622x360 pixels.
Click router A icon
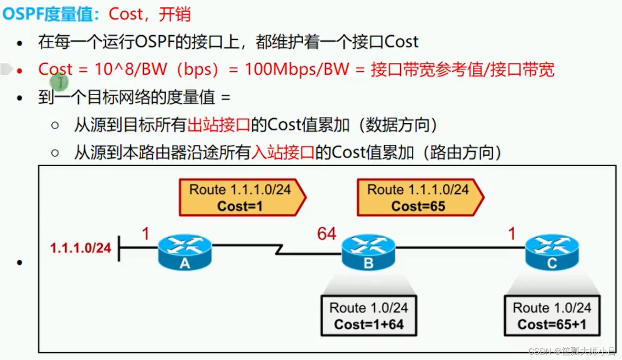[x=185, y=252]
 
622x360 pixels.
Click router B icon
[x=368, y=252]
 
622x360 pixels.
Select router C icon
[x=552, y=252]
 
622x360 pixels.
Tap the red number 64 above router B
[x=327, y=234]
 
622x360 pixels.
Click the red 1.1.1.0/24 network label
[x=81, y=248]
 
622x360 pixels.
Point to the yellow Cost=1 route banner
[x=240, y=198]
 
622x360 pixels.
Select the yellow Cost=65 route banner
[x=418, y=198]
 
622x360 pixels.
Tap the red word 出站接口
[x=219, y=125]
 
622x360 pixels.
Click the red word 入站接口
[x=283, y=153]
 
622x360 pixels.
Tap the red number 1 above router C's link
[x=512, y=234]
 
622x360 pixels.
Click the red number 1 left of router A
[x=146, y=234]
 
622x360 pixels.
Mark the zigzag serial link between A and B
[x=278, y=250]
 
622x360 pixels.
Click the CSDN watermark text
[x=572, y=352]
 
